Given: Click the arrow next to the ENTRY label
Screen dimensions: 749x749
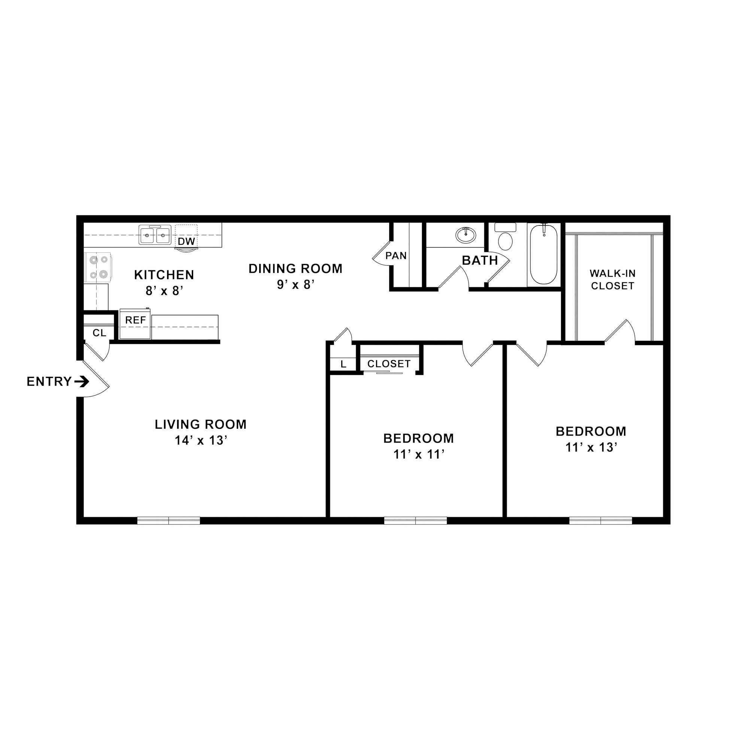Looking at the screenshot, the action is (82, 382).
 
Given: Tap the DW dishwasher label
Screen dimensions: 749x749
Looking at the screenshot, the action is (186, 242).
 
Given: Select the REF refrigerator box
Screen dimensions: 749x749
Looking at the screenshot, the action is (135, 324).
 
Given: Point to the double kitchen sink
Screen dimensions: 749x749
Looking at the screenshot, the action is (155, 235).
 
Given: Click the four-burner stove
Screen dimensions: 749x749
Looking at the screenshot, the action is (98, 267).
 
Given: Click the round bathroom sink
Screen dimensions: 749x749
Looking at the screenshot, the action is (466, 235).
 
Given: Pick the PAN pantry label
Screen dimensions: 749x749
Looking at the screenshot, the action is (396, 256).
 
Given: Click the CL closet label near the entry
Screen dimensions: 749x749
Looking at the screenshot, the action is (99, 333).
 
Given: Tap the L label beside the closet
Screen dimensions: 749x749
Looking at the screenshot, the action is (343, 364).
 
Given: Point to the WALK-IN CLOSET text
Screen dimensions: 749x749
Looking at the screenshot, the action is (613, 279).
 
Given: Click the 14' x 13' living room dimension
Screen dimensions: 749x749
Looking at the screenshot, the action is (200, 441).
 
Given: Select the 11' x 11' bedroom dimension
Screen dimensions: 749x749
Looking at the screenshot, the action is (419, 454).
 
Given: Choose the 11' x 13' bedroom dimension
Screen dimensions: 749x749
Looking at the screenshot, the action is (591, 448).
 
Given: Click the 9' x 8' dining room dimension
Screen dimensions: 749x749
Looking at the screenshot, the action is (295, 285).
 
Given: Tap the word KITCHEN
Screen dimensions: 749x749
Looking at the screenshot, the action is (164, 275).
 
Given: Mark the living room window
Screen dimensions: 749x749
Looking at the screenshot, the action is (169, 521).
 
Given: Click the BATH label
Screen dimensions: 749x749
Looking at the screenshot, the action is (480, 261).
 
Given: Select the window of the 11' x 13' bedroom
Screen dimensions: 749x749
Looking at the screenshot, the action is (601, 521).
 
